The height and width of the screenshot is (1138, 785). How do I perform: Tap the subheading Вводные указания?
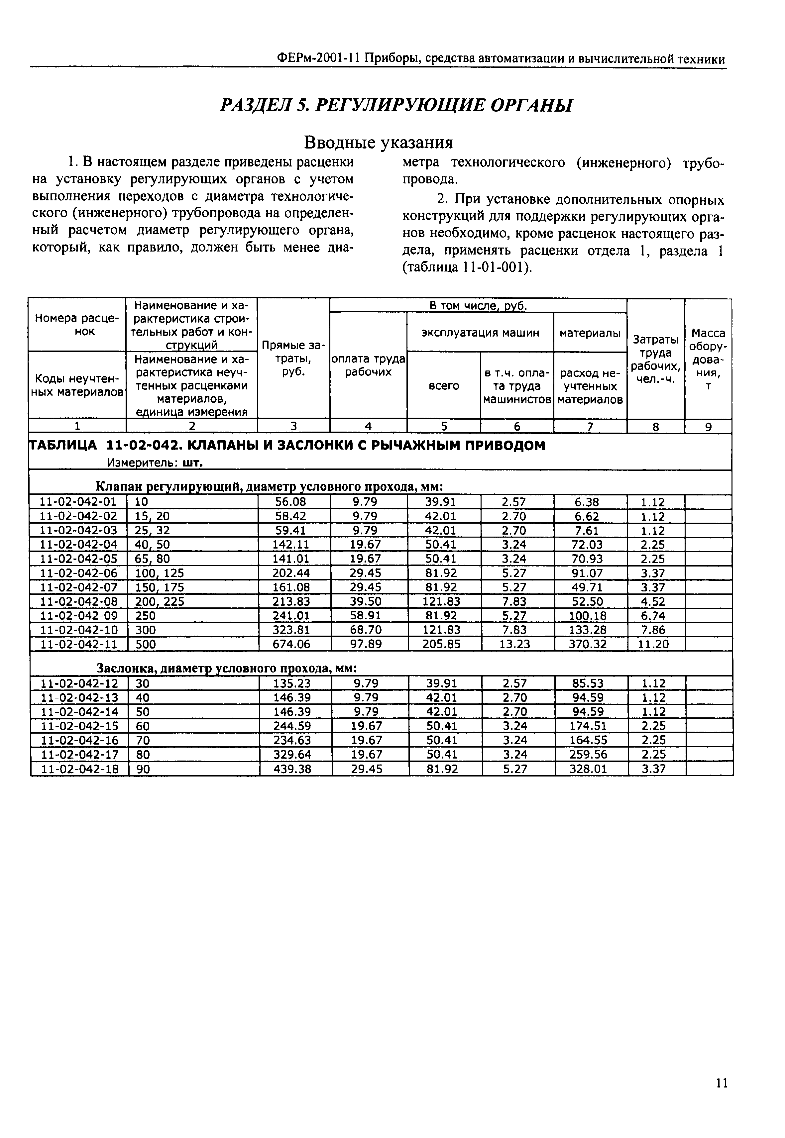click(x=378, y=143)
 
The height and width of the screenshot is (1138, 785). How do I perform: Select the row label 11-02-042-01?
click(x=78, y=502)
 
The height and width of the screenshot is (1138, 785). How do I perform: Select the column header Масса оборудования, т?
click(x=708, y=359)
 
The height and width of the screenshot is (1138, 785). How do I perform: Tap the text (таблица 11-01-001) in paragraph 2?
click(x=467, y=268)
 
